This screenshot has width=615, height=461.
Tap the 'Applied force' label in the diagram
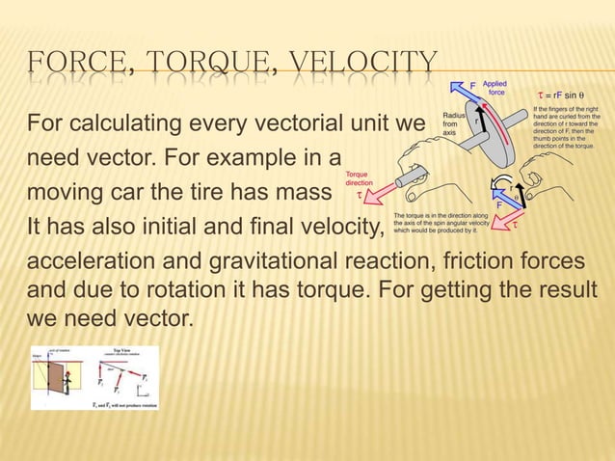[x=495, y=89]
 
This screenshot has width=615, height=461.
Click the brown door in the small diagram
[x=53, y=377]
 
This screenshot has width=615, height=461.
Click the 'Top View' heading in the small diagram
[x=120, y=349]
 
